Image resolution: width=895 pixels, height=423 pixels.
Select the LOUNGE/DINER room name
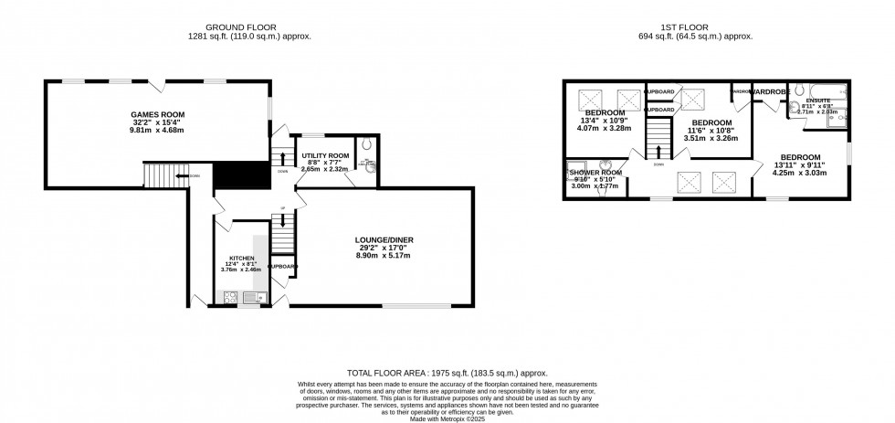[384, 240]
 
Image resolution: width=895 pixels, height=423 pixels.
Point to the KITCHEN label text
[241, 259]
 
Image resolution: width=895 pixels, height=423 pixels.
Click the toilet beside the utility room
[365, 144]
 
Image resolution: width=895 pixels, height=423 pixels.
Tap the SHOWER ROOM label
[595, 173]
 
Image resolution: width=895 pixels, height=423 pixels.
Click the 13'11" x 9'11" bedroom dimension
[799, 164]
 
